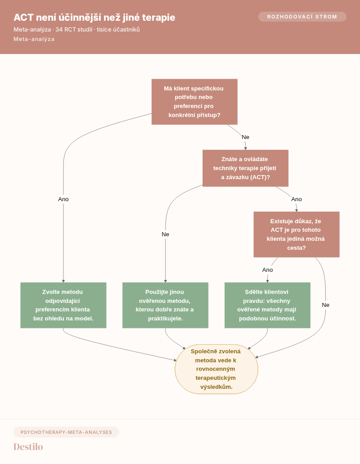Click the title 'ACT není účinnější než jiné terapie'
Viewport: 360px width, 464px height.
[94, 18]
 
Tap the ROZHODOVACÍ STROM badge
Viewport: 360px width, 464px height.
[302, 17]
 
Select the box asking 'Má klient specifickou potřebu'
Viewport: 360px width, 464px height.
[194, 102]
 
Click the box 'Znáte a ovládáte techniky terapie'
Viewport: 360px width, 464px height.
[245, 168]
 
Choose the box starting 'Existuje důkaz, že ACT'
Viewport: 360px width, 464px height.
[297, 234]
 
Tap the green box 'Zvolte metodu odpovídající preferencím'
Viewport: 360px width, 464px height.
[63, 305]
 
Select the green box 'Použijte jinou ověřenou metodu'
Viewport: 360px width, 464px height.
[165, 305]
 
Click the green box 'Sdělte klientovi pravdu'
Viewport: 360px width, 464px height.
[267, 305]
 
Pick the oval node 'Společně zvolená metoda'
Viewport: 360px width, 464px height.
[216, 369]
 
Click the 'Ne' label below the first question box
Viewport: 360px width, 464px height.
[246, 137]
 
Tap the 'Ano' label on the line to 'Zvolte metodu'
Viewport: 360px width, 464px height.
[63, 199]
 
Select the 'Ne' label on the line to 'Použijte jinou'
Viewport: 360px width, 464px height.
[165, 234]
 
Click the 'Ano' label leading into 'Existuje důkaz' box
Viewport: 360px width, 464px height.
[297, 199]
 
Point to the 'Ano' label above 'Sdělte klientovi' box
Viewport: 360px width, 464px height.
[267, 270]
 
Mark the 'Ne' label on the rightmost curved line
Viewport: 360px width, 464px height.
[325, 305]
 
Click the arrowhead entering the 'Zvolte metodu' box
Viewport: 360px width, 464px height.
[63, 281]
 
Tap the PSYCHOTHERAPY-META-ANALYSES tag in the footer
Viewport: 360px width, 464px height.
[66, 432]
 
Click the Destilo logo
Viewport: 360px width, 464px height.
[28, 446]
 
